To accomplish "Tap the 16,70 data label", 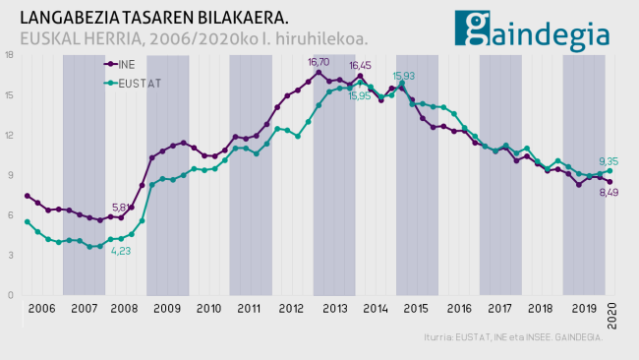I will point(319,62).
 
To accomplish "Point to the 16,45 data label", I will point(360,65).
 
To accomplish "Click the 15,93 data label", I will point(404,76).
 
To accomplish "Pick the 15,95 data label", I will point(361,95).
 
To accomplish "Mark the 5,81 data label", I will point(122,207).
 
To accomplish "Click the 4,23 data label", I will point(121,251).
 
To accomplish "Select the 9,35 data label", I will point(609,161).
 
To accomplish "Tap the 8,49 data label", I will point(609,193).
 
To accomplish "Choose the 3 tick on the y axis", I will point(9,255).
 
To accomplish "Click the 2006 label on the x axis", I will point(41,308).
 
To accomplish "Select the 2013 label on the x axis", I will point(334,308).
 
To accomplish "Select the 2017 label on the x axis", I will point(501,308).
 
